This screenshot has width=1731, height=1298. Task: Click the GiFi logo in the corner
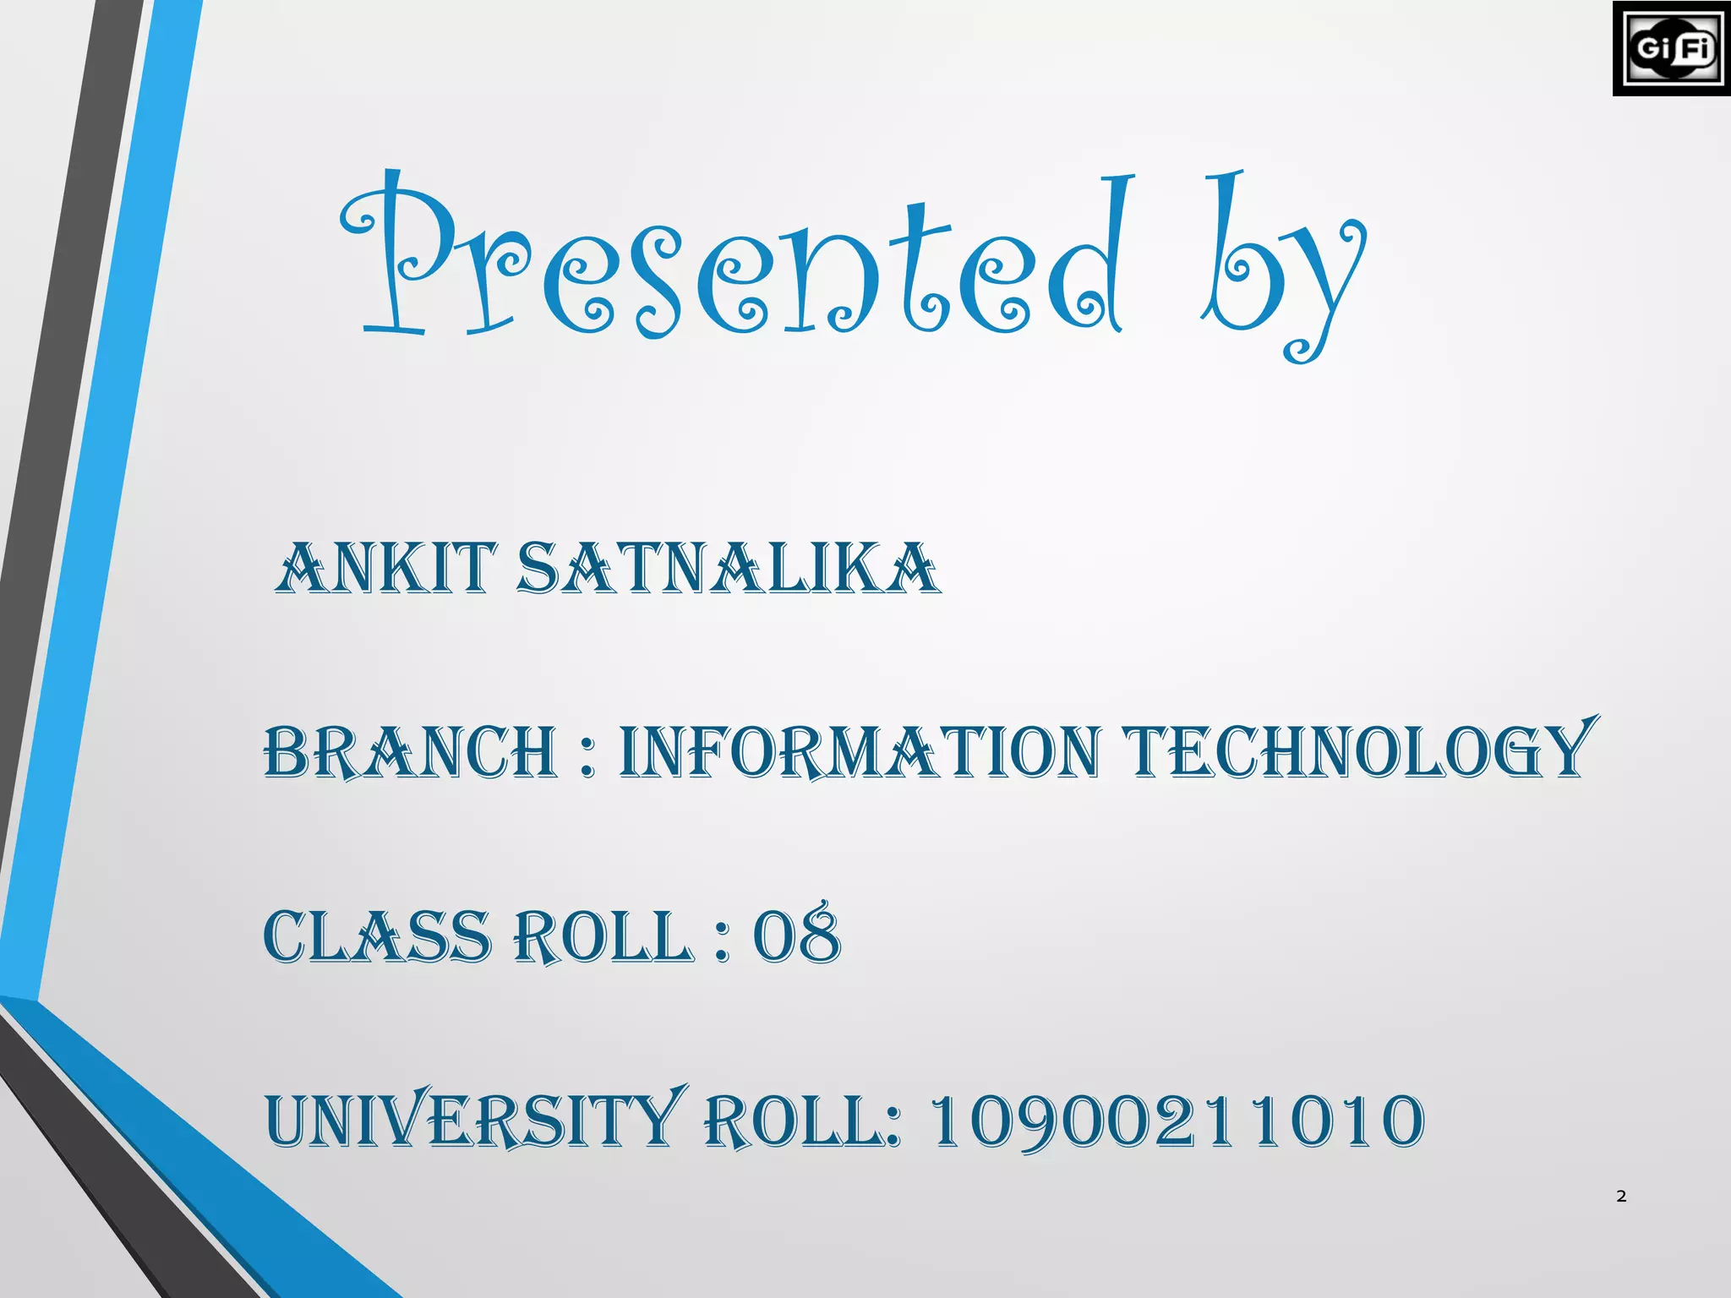point(1671,48)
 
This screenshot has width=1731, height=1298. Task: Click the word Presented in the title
point(735,262)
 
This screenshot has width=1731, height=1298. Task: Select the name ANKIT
point(385,568)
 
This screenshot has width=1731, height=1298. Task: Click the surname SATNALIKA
point(727,568)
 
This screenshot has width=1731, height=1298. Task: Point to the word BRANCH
point(411,751)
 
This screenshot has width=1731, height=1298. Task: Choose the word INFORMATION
point(860,751)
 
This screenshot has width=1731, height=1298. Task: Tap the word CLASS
point(377,937)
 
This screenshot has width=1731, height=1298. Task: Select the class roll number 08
point(797,935)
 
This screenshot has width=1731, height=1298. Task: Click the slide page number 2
point(1620,1196)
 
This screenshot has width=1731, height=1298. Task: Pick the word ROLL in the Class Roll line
point(603,937)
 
